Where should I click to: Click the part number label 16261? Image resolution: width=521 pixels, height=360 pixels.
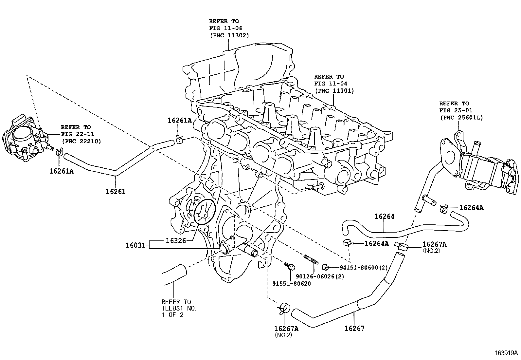115,191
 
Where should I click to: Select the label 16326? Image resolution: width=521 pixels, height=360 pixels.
176,240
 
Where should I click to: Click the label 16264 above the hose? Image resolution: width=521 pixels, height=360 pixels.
384,216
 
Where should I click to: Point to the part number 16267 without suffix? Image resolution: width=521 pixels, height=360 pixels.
354,328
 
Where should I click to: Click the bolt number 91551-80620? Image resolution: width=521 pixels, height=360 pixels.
291,283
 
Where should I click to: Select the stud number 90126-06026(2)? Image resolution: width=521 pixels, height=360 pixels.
319,276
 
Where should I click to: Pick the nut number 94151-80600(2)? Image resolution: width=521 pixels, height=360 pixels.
363,268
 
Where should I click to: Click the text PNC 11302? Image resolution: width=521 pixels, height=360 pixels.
229,35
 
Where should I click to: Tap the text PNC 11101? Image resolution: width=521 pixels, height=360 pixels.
334,91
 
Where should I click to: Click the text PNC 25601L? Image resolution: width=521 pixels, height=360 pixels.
461,117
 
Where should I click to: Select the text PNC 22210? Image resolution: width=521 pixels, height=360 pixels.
81,141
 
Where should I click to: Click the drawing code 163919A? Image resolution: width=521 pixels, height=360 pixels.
506,353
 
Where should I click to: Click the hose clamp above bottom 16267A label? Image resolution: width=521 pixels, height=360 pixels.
283,308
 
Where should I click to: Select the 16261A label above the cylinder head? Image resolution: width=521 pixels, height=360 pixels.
179,120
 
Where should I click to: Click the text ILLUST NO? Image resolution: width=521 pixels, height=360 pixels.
179,308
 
